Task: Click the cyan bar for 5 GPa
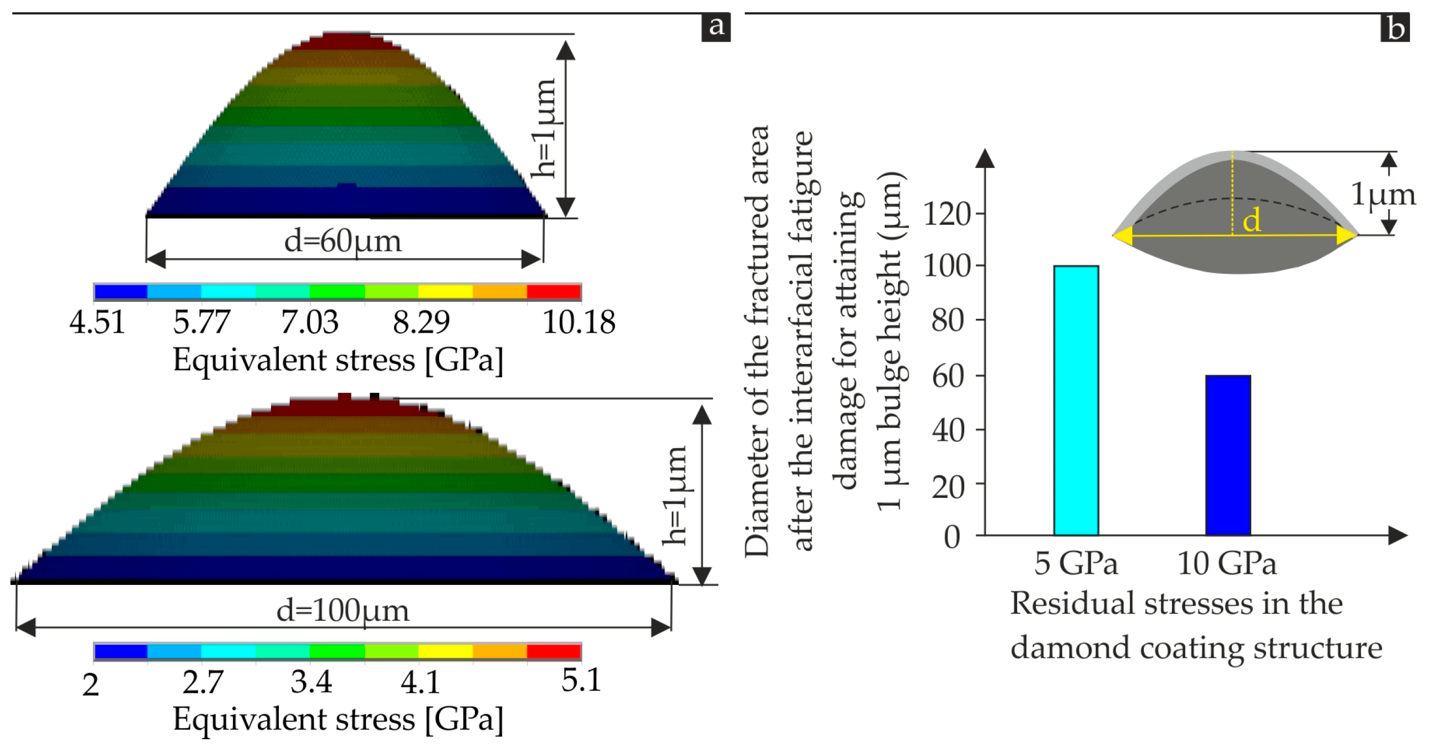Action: point(1076,400)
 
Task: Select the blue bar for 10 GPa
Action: point(1228,454)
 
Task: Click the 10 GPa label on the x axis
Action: point(1226,563)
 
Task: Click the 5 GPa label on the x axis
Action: point(1075,563)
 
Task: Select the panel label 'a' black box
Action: point(715,26)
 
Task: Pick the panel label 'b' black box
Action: point(1395,28)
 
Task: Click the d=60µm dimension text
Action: point(342,241)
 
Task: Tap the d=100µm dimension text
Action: point(342,611)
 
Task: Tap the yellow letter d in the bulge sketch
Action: point(1251,220)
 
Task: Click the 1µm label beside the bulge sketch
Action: point(1382,195)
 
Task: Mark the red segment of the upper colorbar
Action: point(553,292)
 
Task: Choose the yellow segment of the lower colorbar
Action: point(445,651)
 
